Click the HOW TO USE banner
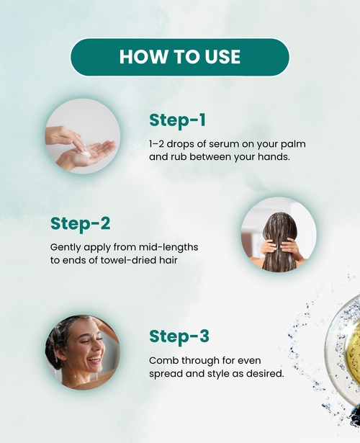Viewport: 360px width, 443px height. pos(180,58)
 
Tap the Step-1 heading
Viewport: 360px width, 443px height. pos(177,120)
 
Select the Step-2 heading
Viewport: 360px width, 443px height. pos(80,224)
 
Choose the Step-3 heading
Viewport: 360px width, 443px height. pos(179,336)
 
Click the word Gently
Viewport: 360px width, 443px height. pos(66,248)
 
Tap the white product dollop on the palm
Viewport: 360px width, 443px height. pos(85,153)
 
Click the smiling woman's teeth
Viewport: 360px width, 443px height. pos(94,360)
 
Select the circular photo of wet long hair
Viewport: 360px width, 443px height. pos(279,235)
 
